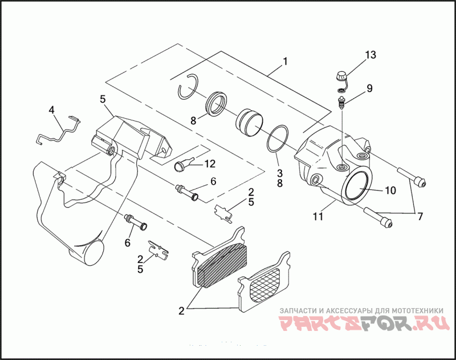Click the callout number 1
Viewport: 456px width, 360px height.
285,61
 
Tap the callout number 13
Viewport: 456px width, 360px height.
370,55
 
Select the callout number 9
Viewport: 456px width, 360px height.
369,88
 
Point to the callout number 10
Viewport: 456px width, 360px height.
390,191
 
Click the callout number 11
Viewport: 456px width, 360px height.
317,216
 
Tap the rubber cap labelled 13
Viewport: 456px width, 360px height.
341,76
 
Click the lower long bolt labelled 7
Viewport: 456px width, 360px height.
377,217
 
